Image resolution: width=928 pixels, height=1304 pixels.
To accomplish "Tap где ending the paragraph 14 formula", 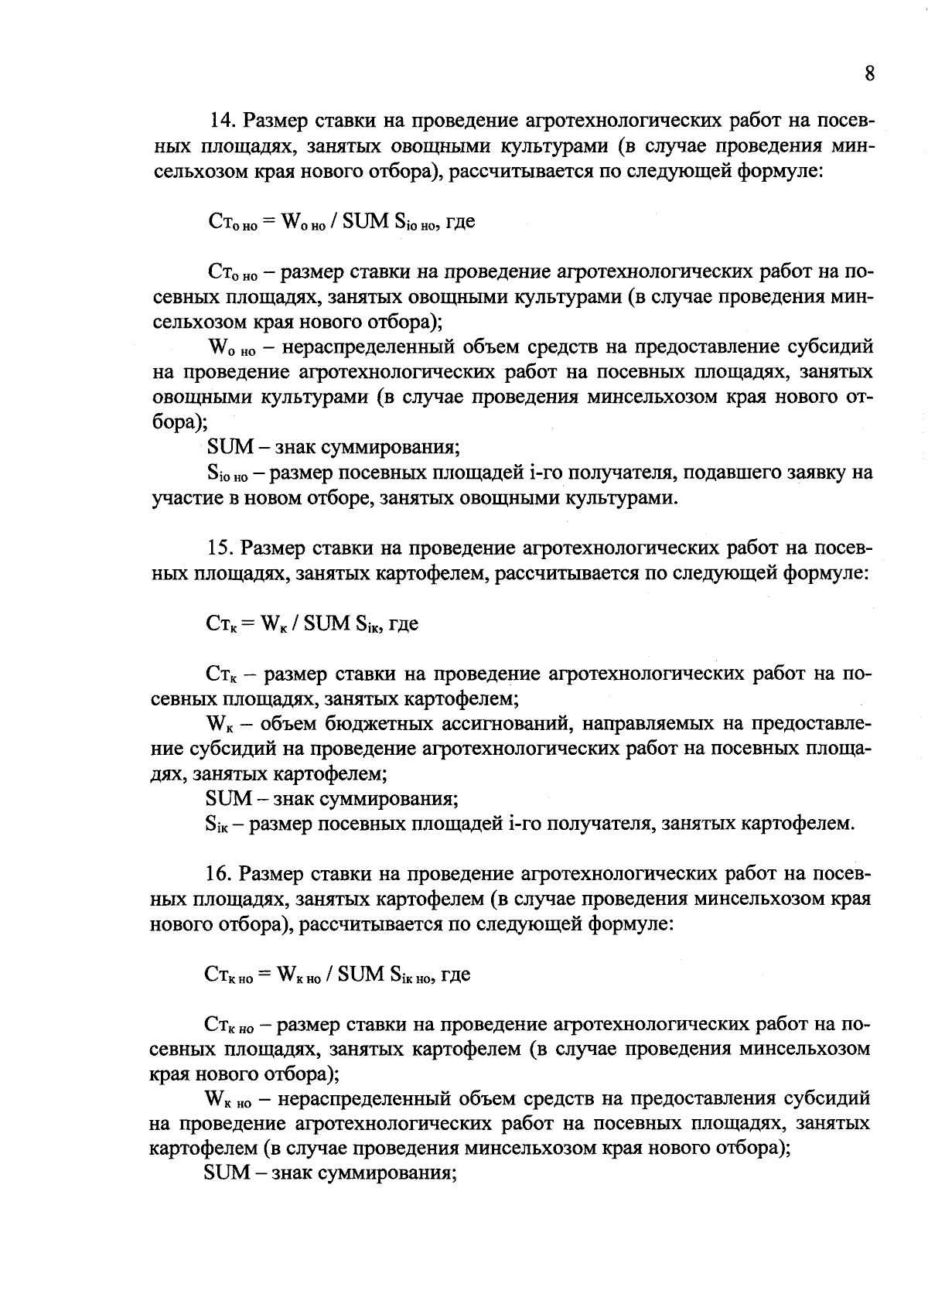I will (461, 222).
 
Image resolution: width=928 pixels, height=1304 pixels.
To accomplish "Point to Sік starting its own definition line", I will (218, 825).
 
